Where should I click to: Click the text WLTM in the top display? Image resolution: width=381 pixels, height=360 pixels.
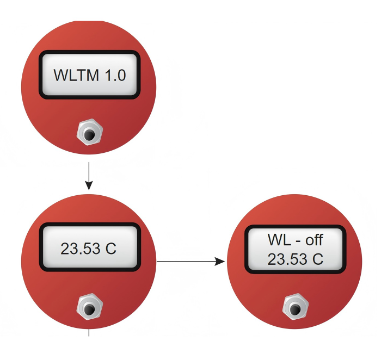pos(76,75)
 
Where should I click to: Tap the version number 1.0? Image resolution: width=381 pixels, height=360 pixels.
pos(115,75)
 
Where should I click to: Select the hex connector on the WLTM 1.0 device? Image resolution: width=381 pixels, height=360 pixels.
pos(90,132)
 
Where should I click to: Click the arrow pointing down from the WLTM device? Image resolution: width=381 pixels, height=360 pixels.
pos(89,176)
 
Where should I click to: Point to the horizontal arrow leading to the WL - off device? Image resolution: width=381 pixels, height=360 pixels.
pos(190,262)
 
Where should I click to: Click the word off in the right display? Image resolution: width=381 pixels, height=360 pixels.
pos(314,240)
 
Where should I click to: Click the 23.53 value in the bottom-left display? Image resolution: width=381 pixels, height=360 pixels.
pos(81,249)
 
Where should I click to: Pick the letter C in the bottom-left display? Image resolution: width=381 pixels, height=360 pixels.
pos(111,249)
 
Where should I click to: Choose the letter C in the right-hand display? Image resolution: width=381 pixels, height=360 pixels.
pos(318,259)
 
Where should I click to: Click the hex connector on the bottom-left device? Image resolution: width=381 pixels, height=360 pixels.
pos(90,306)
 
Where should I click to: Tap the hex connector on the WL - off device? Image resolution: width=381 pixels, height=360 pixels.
pos(296,306)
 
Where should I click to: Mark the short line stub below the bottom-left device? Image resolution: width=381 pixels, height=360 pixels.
pos(89,333)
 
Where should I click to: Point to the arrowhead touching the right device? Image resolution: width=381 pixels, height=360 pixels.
pos(220,262)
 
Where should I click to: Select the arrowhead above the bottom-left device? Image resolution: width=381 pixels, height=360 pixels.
pos(89,185)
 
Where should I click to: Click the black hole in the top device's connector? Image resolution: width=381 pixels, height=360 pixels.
pos(90,134)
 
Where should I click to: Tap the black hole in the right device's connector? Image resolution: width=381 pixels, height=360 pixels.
pos(296,309)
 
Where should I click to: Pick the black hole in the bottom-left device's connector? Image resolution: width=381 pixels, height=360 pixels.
pos(89,309)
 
